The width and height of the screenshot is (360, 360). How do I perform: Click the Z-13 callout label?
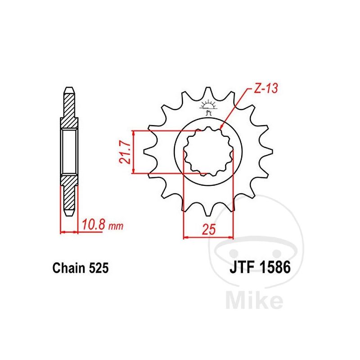266,88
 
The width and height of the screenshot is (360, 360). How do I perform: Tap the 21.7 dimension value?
125,152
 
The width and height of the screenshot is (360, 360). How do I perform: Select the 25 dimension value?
209,229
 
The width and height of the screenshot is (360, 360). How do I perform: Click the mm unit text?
116,226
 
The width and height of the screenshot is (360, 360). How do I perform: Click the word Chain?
69,268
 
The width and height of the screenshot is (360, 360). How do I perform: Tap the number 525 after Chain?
99,268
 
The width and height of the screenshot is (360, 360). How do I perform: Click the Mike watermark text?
254,300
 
